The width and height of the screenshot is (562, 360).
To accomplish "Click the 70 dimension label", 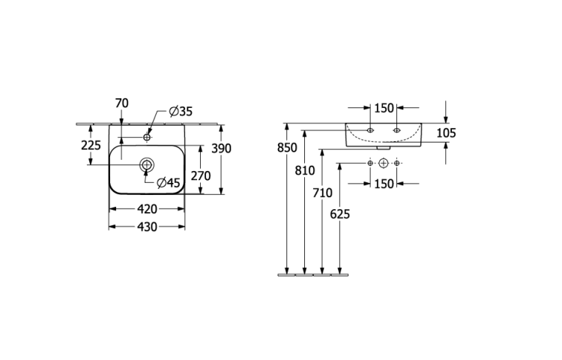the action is (x=122, y=103).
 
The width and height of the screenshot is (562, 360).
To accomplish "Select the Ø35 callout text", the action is (x=181, y=112).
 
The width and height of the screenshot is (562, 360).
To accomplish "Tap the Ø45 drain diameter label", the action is (x=169, y=183).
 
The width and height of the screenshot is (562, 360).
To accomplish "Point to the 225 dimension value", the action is (x=91, y=145).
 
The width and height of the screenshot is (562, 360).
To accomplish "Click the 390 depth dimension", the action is (x=222, y=148).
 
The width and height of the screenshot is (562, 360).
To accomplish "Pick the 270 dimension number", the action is (x=201, y=175).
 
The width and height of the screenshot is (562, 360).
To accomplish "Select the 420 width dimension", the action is (x=147, y=209).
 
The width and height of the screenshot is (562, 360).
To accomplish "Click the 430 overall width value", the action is (x=147, y=227).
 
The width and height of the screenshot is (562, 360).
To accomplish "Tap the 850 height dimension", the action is (x=287, y=147).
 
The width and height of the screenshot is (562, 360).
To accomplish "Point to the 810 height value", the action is (x=305, y=171).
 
